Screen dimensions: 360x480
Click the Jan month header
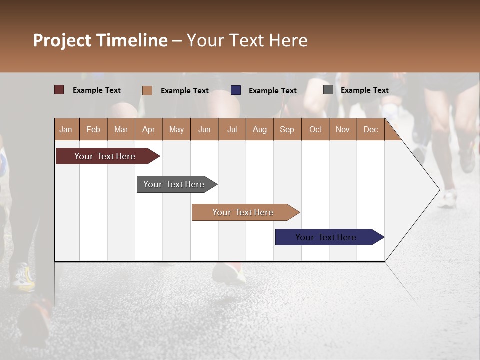click(66, 129)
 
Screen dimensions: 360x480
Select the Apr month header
click(149, 129)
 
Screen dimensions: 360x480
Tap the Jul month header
click(232, 129)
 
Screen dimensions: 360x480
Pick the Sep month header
click(287, 129)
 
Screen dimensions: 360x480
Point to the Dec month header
click(370, 129)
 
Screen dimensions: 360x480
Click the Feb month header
click(93, 129)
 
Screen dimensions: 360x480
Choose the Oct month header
click(315, 129)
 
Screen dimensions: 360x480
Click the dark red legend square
click(59, 90)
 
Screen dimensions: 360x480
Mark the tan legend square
click(147, 90)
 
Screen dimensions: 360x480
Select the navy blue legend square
click(236, 90)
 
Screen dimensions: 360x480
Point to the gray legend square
click(328, 90)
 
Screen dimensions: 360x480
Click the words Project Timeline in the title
click(100, 40)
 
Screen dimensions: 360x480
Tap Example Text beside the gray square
click(364, 90)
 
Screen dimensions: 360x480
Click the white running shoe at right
click(448, 200)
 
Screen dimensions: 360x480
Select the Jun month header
click(204, 129)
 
